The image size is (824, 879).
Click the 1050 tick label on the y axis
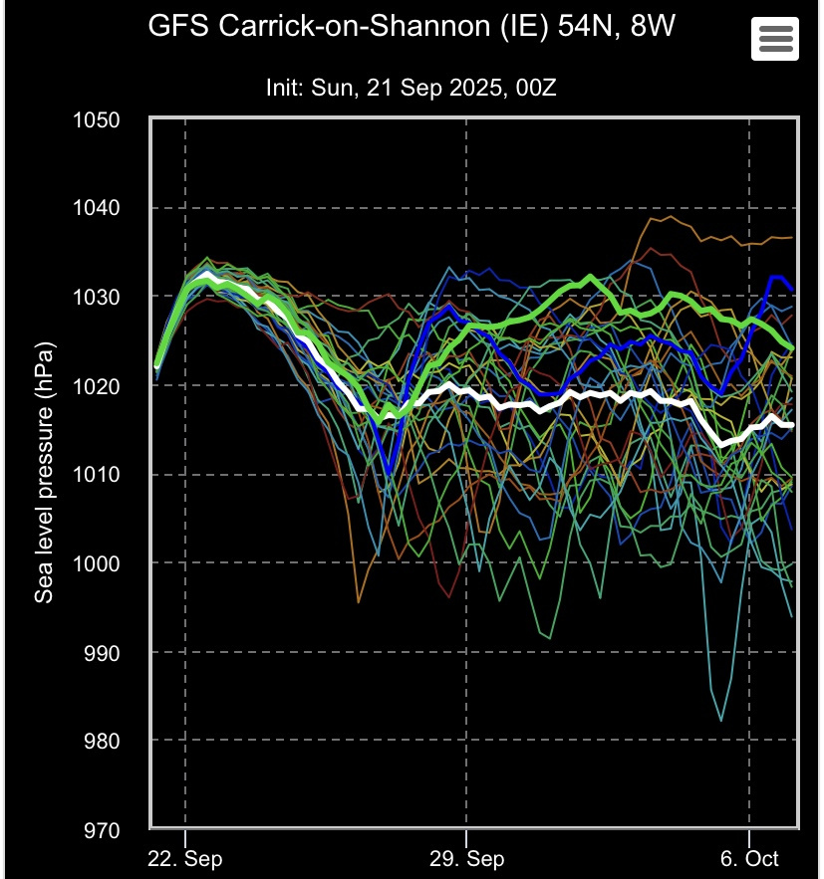pos(97,120)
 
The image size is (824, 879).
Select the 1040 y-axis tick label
pos(97,209)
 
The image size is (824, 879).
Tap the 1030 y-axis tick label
pos(97,298)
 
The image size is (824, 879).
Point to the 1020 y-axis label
pos(97,386)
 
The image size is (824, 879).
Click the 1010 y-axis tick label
pos(97,475)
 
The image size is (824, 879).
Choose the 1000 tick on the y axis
pos(97,563)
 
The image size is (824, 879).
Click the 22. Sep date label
pos(185,859)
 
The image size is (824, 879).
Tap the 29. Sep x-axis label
pos(466,859)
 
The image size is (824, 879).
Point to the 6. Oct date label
pos(748,859)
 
